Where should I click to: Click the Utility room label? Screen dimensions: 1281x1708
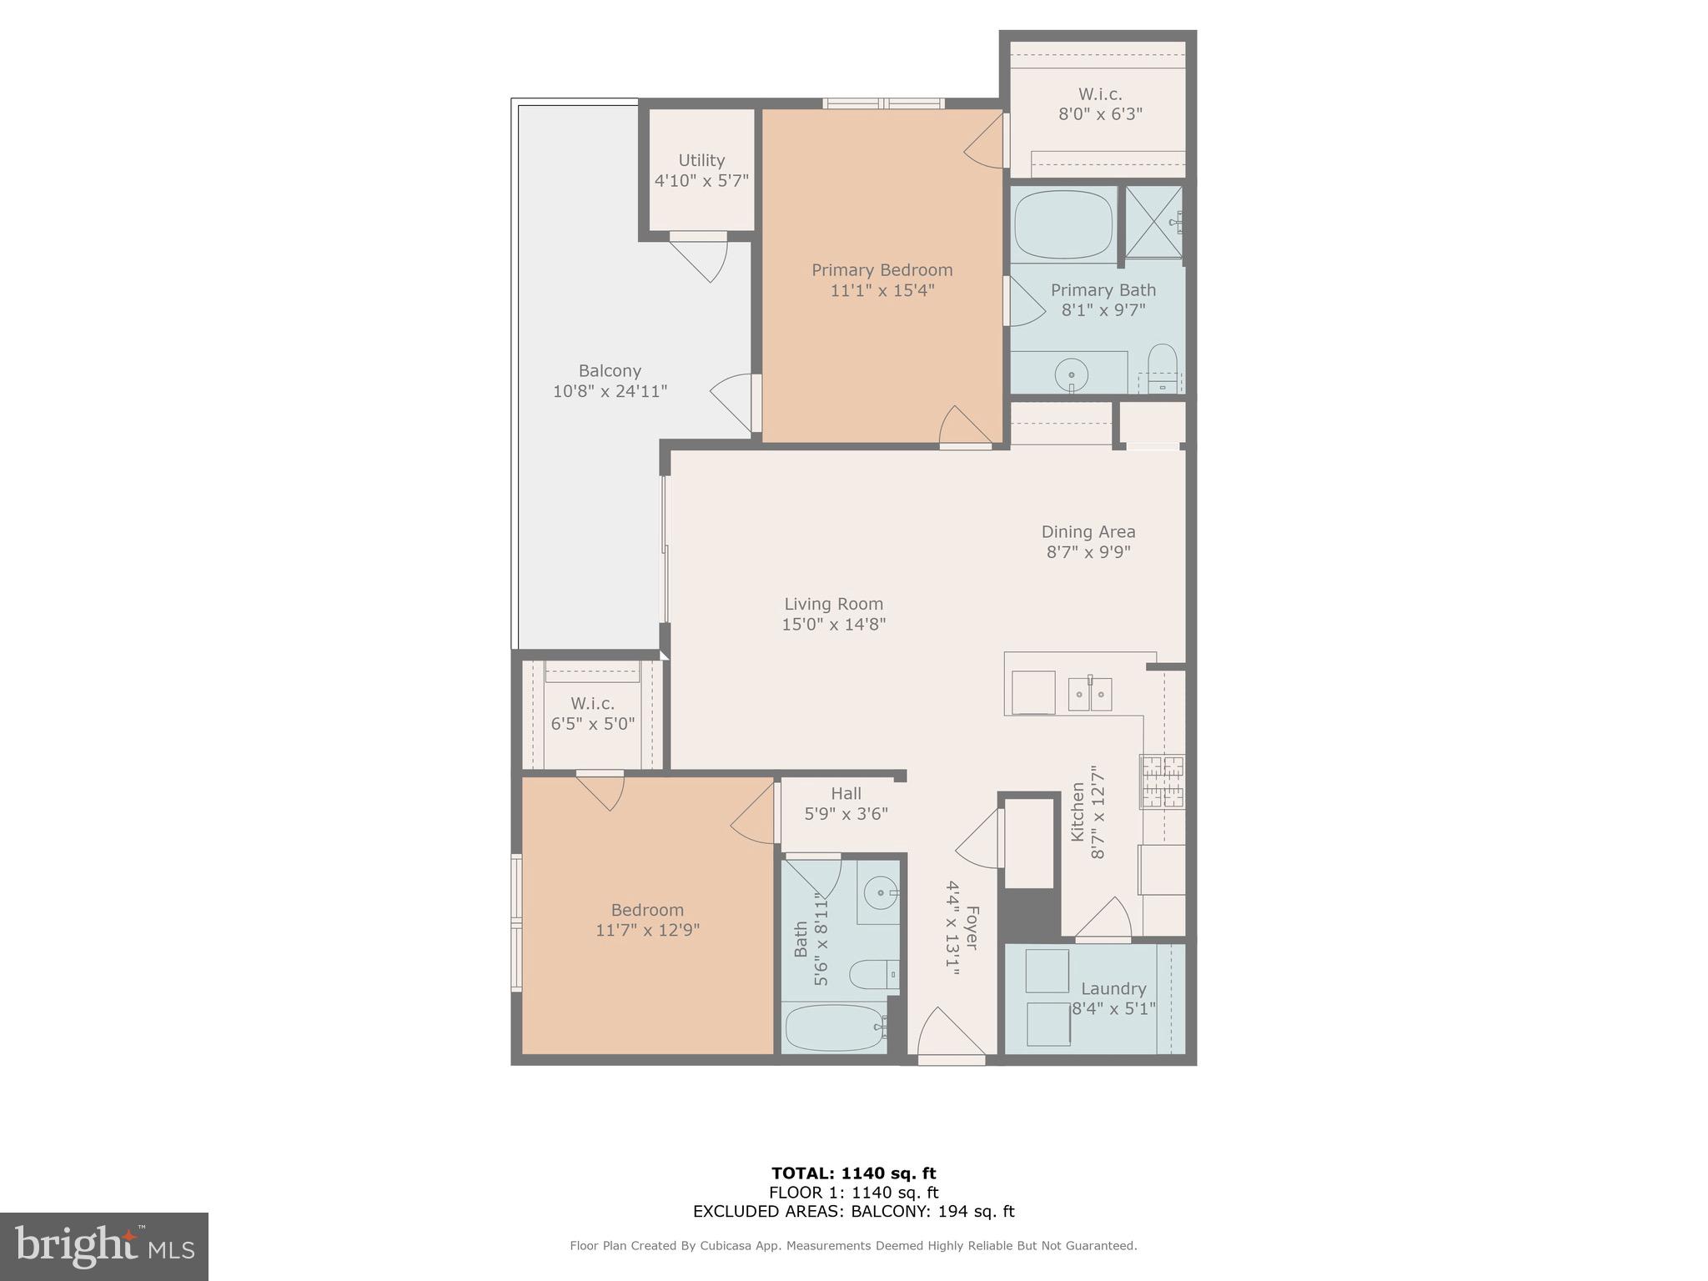[701, 160]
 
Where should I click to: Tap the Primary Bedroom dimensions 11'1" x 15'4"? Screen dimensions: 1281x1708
[882, 291]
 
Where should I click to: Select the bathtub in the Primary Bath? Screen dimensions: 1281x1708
[1064, 224]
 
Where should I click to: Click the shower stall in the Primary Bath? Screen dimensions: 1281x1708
[1153, 222]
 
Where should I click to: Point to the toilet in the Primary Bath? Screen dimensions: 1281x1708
[1162, 367]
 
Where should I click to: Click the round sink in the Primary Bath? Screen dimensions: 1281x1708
[1071, 374]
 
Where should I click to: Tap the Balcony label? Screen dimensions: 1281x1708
[610, 371]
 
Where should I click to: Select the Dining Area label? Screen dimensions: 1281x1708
[1088, 532]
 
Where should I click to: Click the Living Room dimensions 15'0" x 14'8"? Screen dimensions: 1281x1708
[833, 625]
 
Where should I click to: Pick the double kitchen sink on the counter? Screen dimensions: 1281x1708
[1090, 694]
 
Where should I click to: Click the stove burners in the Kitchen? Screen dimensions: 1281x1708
[1163, 781]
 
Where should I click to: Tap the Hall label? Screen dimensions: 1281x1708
[846, 794]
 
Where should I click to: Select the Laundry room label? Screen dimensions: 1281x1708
[1113, 989]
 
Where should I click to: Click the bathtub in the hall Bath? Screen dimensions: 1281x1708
[834, 1027]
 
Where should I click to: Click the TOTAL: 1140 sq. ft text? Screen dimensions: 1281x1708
[853, 1173]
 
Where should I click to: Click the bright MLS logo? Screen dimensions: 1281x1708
[104, 1246]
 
